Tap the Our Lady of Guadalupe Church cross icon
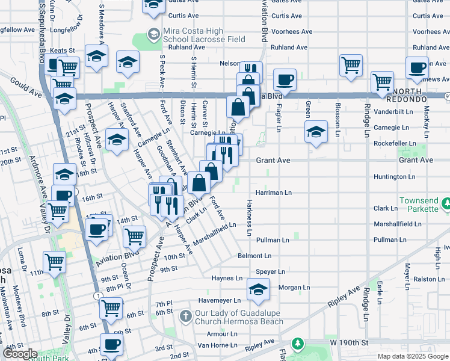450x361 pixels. [x=186, y=315]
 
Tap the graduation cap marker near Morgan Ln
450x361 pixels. [x=258, y=290]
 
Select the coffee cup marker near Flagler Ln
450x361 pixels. [x=285, y=79]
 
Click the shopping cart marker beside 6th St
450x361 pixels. [x=111, y=308]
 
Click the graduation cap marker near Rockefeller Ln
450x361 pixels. [x=315, y=132]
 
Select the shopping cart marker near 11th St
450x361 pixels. [x=54, y=262]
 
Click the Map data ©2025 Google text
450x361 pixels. [x=413, y=356]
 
